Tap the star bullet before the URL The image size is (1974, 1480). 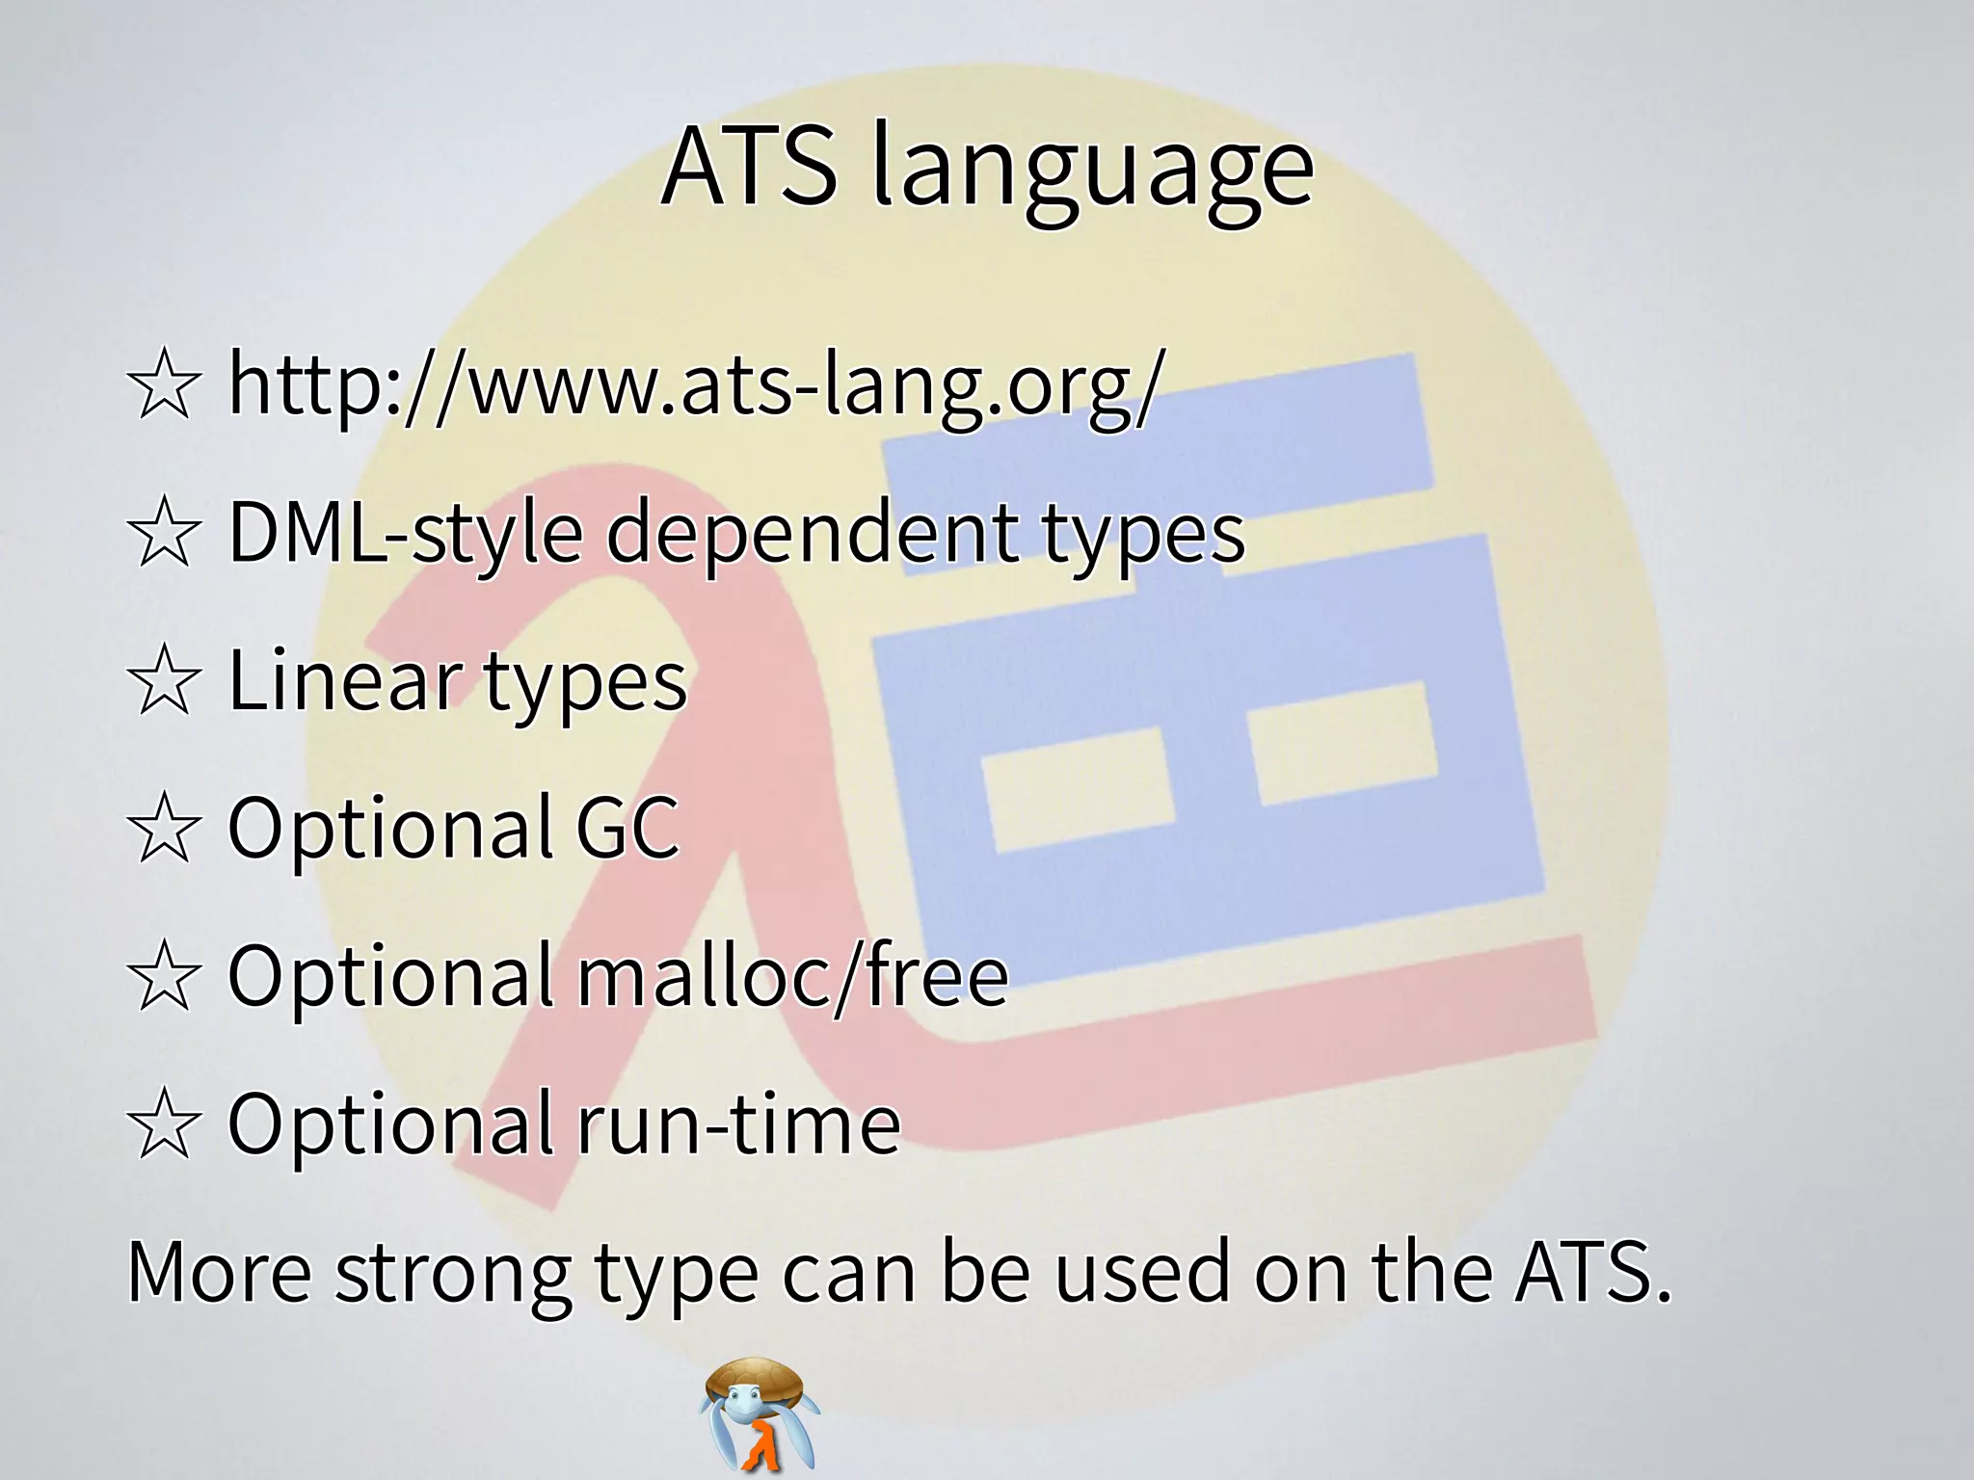pyautogui.click(x=165, y=386)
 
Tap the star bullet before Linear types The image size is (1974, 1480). pyautogui.click(x=165, y=681)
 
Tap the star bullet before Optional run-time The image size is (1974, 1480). pyautogui.click(x=165, y=1124)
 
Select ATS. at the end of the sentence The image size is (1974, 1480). pyautogui.click(x=1590, y=1272)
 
